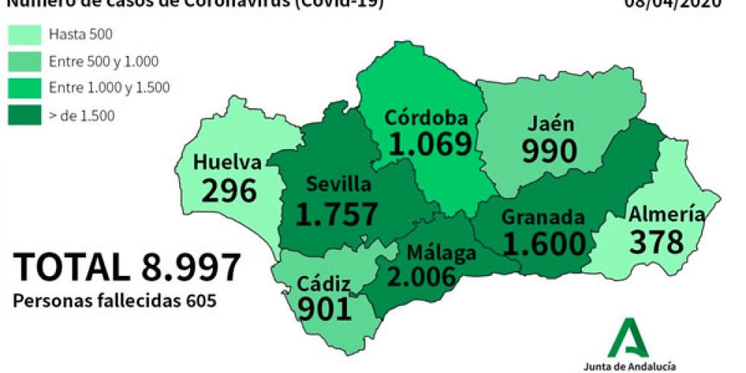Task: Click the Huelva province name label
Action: pyautogui.click(x=227, y=162)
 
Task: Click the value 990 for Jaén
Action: pyautogui.click(x=549, y=151)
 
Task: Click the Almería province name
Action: pyautogui.click(x=666, y=214)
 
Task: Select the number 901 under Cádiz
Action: pyautogui.click(x=324, y=307)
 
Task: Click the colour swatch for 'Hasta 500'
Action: pyautogui.click(x=24, y=34)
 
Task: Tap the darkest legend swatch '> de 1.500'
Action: pyautogui.click(x=24, y=114)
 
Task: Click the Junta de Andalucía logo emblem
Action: pyautogui.click(x=628, y=339)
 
